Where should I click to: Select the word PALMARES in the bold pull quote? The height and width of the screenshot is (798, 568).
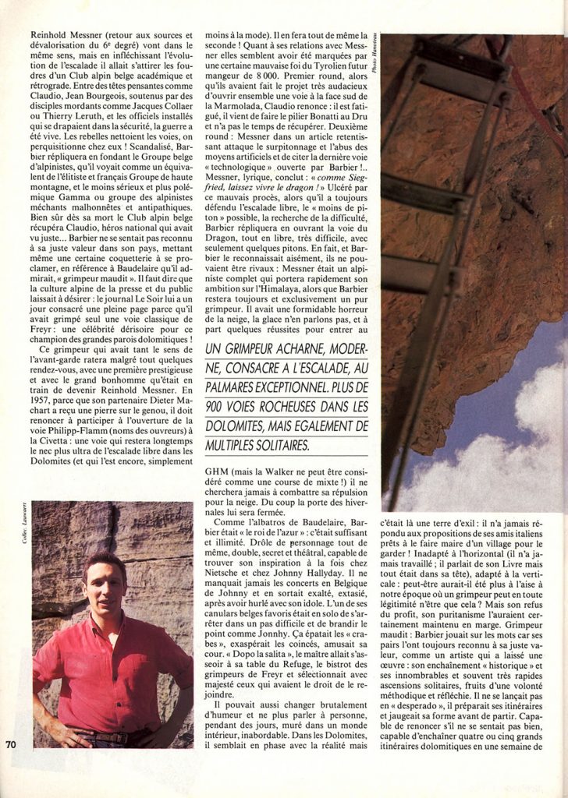tap(236, 386)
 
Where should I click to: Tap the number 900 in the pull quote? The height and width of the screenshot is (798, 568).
tap(217, 407)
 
